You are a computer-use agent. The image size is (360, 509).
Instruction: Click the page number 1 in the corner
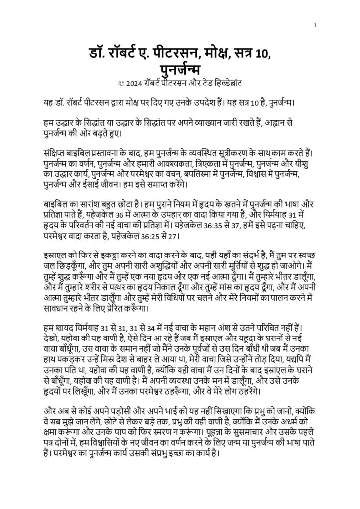[x=315, y=25]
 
